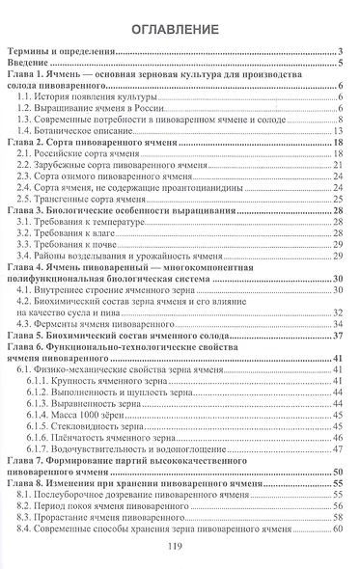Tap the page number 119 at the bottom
180,546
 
